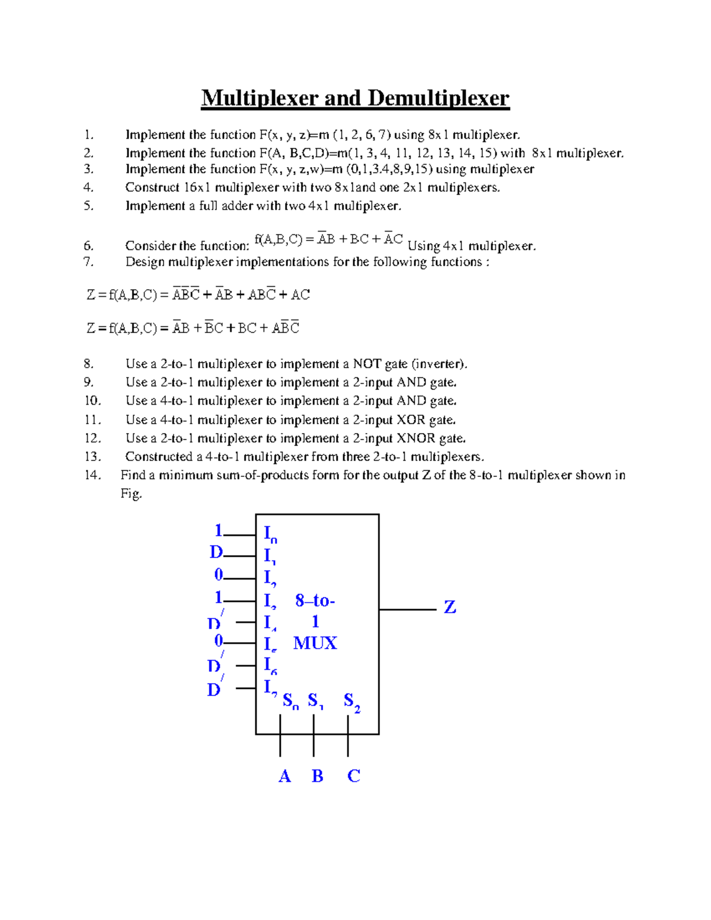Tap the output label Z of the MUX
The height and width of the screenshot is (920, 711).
point(450,607)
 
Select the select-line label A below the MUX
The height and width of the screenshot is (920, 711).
point(284,776)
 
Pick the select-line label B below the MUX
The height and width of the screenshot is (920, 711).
point(318,776)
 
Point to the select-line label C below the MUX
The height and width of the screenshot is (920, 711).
point(354,776)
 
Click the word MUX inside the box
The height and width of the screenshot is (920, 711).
point(315,643)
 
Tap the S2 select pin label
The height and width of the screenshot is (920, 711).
point(351,702)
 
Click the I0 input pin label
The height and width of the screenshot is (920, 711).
point(270,534)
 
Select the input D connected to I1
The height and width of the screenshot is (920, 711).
point(216,552)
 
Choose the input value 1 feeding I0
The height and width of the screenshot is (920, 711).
point(218,530)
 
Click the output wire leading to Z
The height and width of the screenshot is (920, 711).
point(407,609)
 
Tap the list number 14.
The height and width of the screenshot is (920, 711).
point(92,475)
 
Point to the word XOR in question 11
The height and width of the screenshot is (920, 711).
point(411,420)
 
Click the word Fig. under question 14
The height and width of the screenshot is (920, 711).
point(131,493)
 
